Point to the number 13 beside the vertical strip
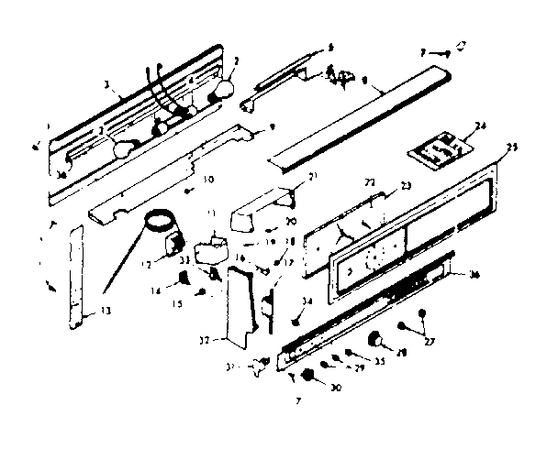(x=107, y=312)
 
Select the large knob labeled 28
(x=375, y=340)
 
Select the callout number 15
(x=176, y=304)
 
